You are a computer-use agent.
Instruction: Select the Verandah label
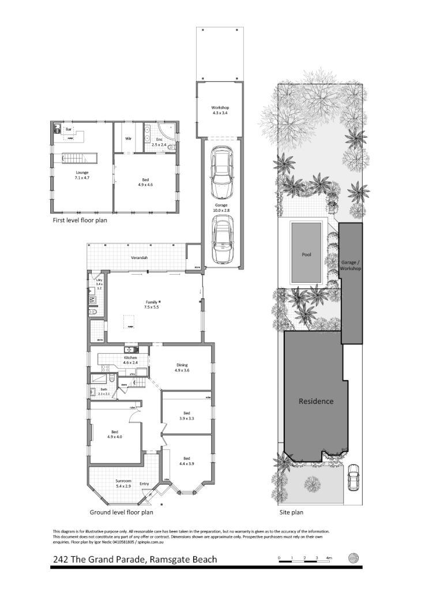click(138, 257)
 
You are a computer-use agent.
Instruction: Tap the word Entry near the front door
click(144, 483)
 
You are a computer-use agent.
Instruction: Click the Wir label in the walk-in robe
click(129, 138)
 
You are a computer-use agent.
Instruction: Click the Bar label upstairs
click(68, 129)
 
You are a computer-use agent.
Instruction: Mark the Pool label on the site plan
click(306, 254)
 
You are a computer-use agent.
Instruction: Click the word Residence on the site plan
click(315, 402)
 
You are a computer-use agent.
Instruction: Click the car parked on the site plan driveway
click(353, 478)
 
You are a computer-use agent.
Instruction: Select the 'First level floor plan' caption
click(80, 220)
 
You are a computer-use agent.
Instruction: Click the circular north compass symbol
click(354, 558)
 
